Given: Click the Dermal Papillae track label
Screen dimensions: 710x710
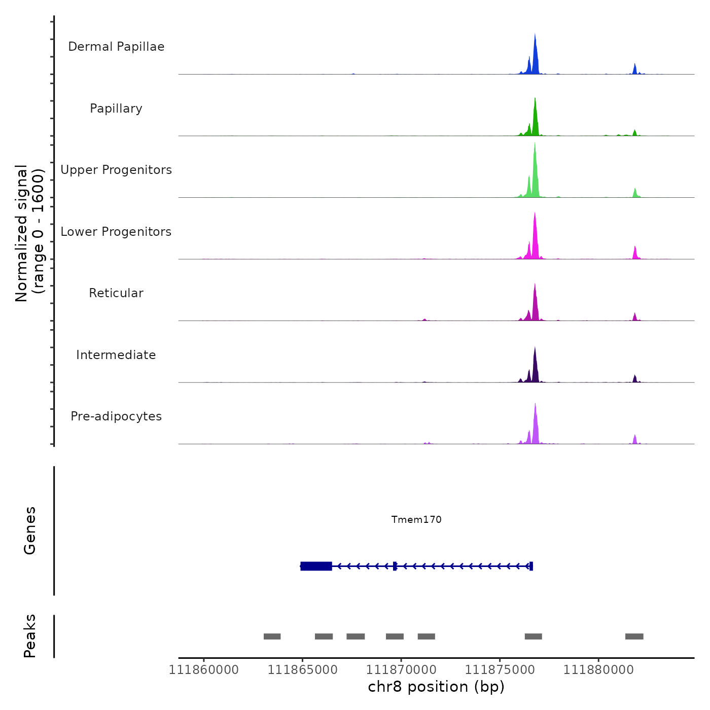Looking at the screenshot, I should [116, 47].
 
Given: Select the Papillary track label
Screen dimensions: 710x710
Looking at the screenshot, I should [116, 109].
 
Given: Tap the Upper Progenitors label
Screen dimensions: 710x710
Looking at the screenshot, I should [116, 170].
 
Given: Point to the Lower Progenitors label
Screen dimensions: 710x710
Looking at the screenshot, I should [116, 232].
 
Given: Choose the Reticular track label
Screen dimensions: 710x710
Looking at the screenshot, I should [116, 293].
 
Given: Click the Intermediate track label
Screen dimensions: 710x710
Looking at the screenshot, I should [116, 355].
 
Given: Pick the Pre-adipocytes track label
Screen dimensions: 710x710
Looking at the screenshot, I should [116, 416].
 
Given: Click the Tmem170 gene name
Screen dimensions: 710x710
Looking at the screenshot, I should [416, 520].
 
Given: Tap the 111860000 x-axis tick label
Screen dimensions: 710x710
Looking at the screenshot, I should [204, 670].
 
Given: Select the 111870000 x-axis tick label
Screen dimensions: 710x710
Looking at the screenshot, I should [401, 670].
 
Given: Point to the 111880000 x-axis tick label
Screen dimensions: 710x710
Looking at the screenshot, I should [598, 670].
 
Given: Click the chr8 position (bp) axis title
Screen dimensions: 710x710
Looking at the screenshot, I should [436, 687].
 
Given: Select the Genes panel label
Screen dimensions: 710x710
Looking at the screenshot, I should [30, 530].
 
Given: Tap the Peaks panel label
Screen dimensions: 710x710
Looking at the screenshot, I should [30, 636].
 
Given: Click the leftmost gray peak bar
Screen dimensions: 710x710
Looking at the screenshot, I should [272, 636].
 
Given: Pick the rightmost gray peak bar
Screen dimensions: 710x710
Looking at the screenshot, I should [634, 636].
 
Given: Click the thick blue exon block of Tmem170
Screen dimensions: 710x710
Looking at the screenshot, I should [316, 566].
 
